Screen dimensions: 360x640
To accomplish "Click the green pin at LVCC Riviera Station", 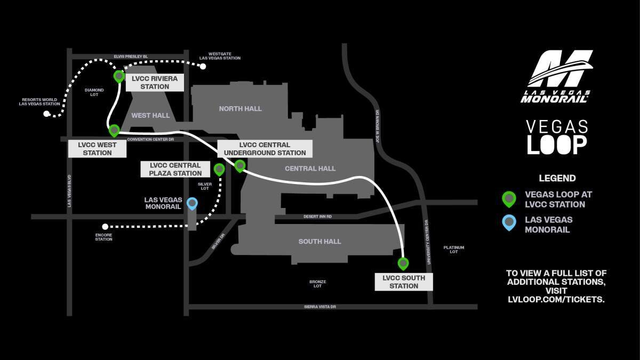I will [x=119, y=76].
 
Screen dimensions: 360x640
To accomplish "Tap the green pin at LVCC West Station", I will [x=114, y=130].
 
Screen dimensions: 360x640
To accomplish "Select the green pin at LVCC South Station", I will [x=403, y=263].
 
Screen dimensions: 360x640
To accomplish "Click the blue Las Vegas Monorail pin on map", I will [x=192, y=203].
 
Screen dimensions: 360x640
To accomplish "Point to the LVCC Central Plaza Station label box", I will [x=175, y=169].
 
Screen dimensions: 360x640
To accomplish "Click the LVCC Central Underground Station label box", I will [x=265, y=149].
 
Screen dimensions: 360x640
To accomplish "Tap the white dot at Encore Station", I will [x=105, y=227].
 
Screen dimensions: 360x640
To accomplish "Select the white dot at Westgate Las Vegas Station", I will [x=203, y=67].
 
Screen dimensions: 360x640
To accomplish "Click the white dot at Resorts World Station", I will [x=46, y=114].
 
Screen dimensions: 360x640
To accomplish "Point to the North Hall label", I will [x=241, y=109].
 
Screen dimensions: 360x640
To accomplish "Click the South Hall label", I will [x=319, y=242].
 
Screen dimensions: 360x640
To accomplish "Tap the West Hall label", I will [x=150, y=115].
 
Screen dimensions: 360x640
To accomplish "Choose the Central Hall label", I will [x=310, y=169].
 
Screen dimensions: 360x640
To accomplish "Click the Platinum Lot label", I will [x=453, y=250].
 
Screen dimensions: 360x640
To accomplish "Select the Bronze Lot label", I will [x=317, y=284].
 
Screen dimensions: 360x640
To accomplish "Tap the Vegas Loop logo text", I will [x=557, y=137].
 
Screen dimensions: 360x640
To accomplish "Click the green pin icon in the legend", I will [x=509, y=199].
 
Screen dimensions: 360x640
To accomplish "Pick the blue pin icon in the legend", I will [x=509, y=222].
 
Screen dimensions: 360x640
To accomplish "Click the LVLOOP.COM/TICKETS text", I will [x=556, y=300].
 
